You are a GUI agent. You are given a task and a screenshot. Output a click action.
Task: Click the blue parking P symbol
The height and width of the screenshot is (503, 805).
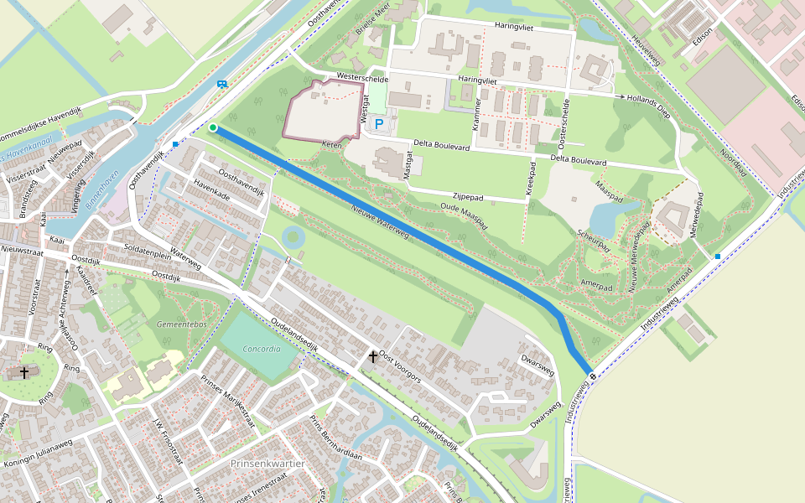(379, 124)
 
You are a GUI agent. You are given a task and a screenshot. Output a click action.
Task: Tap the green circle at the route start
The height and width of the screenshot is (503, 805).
(213, 127)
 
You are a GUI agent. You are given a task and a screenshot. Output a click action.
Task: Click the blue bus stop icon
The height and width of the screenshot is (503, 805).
(221, 84)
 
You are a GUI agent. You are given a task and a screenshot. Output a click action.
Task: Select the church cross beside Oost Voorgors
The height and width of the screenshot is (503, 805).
(372, 357)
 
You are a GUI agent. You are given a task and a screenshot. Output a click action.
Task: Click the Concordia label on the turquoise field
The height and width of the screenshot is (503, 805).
(262, 349)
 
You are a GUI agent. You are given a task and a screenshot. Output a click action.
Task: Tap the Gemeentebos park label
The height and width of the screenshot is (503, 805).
(181, 324)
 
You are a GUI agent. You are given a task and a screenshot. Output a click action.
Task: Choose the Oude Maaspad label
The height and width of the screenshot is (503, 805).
(464, 216)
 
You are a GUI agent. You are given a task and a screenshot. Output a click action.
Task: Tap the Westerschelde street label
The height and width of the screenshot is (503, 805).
(361, 76)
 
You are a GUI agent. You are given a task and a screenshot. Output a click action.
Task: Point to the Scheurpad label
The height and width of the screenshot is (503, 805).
(591, 240)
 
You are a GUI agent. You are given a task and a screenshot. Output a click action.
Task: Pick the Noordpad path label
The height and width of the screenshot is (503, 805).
(734, 163)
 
